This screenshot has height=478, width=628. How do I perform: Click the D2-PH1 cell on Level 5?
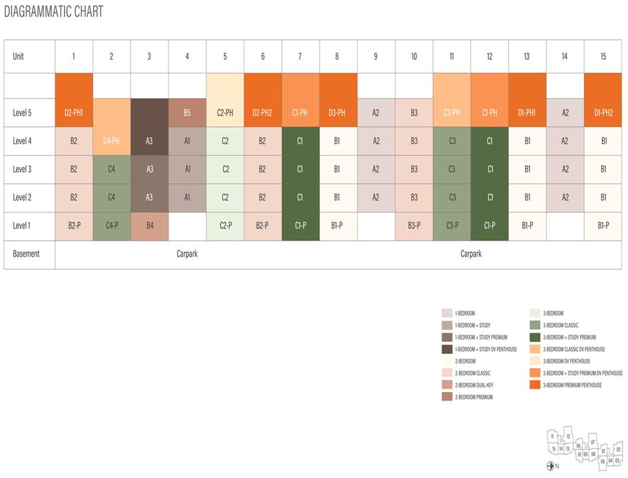point(74,113)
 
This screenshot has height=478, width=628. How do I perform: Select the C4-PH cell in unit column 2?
point(111,141)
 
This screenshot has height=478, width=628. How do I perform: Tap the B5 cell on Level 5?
point(187,113)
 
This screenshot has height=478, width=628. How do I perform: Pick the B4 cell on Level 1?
point(149,225)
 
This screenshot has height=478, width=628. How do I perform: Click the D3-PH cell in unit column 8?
point(338,113)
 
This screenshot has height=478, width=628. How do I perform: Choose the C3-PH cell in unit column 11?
point(452,113)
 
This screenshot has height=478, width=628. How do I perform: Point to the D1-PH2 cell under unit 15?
point(603,113)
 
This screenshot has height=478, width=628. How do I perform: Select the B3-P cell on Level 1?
point(414,225)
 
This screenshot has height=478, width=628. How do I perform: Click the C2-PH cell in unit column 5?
point(225,113)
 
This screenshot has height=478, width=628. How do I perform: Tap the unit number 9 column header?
point(376,57)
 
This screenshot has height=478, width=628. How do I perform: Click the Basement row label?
point(25,254)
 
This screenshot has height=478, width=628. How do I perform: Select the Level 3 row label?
point(22,169)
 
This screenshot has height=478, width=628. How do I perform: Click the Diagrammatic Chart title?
point(53,12)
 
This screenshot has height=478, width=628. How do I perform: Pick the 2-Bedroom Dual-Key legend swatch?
point(447,385)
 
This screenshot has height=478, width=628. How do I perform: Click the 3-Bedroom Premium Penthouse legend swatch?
point(535,385)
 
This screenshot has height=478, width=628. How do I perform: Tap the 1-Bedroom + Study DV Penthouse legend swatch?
point(447,349)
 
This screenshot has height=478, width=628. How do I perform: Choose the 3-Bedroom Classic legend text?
point(560,325)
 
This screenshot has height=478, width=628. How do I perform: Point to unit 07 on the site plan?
point(593,442)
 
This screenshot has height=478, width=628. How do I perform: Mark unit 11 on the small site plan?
point(552,436)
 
